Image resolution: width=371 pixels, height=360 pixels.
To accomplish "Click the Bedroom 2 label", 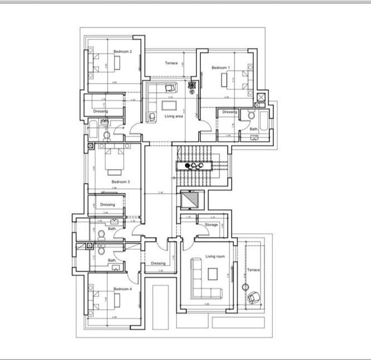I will click(122, 52).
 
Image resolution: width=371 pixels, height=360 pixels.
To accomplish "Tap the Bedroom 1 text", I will click(220, 68).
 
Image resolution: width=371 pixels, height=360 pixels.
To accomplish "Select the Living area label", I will click(175, 117).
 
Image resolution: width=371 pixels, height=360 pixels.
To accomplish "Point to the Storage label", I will click(211, 224).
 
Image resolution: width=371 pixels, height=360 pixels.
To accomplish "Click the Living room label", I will click(214, 257).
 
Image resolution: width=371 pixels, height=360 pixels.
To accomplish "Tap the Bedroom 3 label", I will click(121, 182).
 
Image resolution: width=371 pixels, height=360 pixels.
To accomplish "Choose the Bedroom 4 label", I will click(122, 289).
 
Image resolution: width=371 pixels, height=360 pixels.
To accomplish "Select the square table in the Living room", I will click(213, 273).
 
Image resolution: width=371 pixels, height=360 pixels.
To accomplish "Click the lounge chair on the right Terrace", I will click(254, 297).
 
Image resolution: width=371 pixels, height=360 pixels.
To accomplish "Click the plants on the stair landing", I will click(193, 165).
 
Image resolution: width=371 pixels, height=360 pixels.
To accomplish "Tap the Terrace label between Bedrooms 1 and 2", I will click(171, 63).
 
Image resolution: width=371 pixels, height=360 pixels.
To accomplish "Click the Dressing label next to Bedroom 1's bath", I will click(230, 112).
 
